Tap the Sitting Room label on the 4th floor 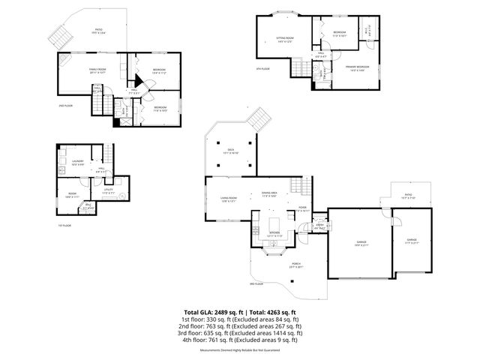pyautogui.click(x=284, y=37)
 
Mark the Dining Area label pyautogui.click(x=269, y=194)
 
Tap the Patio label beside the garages pyautogui.click(x=409, y=197)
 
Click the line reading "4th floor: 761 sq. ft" pyautogui.click(x=239, y=339)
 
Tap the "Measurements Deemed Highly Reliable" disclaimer pyautogui.click(x=239, y=350)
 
